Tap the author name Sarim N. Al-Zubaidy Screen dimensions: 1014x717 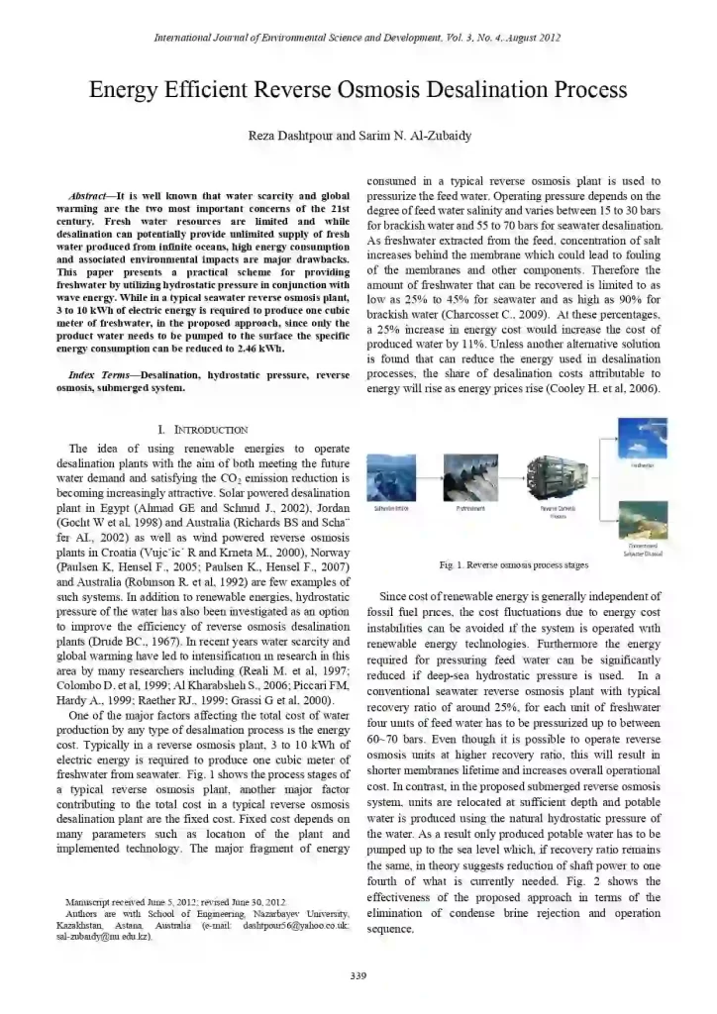(408, 135)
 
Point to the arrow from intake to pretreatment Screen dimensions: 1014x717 (431, 479)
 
